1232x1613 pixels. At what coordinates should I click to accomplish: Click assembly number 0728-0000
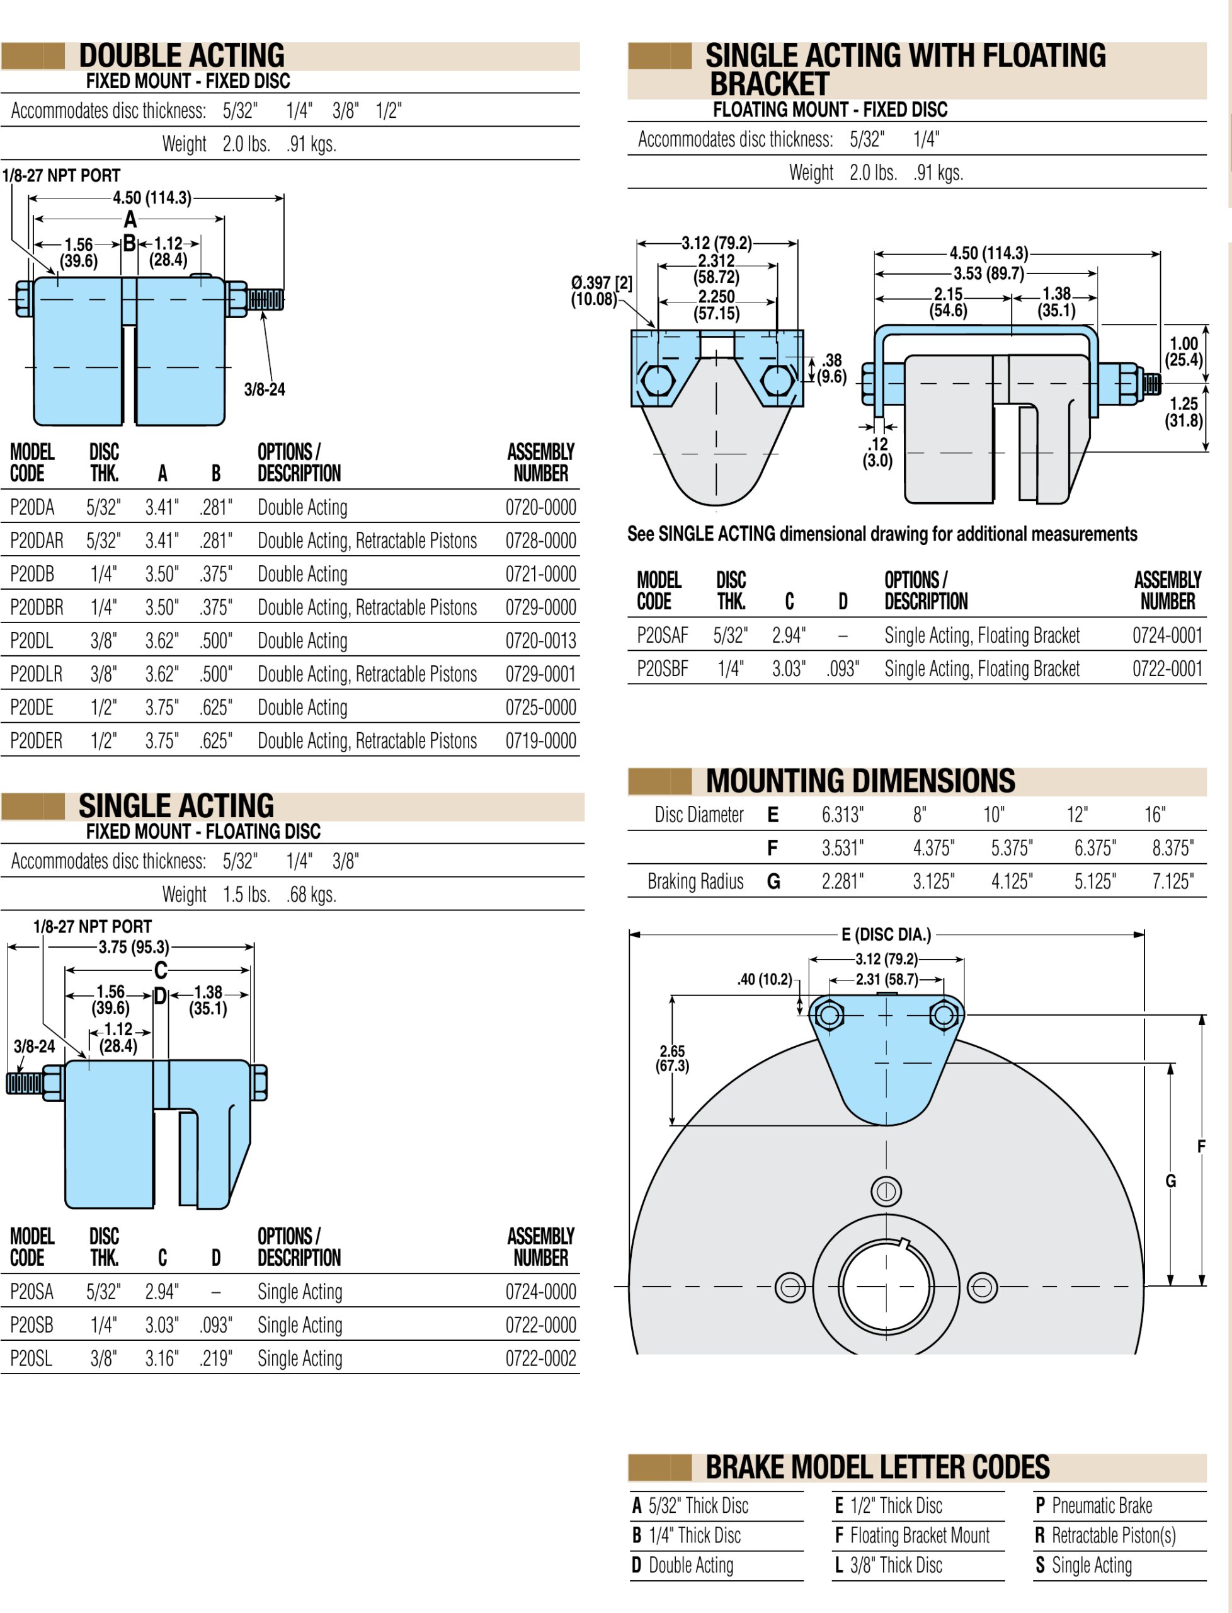click(x=540, y=541)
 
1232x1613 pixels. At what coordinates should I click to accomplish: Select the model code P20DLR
click(x=36, y=675)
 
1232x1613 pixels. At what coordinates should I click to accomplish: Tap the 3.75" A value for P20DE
click(x=161, y=708)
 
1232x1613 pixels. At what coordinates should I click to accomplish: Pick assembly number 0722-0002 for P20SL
click(x=540, y=1358)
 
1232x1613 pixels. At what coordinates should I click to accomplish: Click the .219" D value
click(x=215, y=1358)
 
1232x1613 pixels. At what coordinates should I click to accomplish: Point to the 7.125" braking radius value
click(x=1172, y=881)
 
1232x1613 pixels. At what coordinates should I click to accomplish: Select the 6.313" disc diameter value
click(x=842, y=815)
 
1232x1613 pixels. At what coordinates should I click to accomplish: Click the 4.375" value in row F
click(x=933, y=849)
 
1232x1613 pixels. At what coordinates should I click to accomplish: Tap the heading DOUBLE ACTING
click(x=182, y=55)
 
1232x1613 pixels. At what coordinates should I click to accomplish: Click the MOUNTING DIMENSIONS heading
click(x=860, y=781)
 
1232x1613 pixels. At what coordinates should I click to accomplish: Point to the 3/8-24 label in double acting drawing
click(x=265, y=389)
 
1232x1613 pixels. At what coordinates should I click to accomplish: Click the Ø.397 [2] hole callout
click(x=602, y=290)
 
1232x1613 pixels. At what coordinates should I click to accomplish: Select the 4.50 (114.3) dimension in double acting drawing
click(x=152, y=198)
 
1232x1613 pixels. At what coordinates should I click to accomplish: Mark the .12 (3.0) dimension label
click(x=877, y=452)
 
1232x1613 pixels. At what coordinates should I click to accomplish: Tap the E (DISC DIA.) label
click(x=886, y=934)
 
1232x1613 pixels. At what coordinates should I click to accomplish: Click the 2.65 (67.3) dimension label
click(x=671, y=1059)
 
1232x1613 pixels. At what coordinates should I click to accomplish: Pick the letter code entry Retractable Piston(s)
click(x=1112, y=1536)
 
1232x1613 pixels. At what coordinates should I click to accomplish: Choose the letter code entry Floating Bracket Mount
click(x=919, y=1536)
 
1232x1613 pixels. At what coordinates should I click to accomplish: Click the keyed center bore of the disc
click(x=885, y=1287)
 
